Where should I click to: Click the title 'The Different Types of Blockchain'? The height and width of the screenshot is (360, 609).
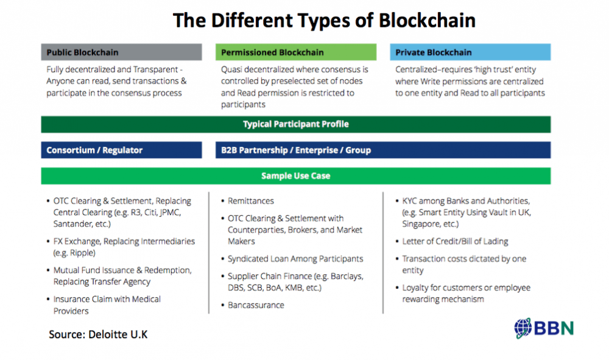tap(324, 21)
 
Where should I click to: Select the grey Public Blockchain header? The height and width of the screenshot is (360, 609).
tap(122, 52)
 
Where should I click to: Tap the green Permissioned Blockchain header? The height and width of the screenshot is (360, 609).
tap(296, 52)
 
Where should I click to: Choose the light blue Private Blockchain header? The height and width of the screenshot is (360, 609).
tap(470, 52)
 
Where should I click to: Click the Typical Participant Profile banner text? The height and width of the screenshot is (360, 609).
tap(296, 124)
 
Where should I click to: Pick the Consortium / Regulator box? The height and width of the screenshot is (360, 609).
tap(122, 150)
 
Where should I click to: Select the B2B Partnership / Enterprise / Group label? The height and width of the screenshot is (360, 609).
tap(296, 150)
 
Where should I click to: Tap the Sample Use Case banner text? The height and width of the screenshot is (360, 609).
tap(296, 176)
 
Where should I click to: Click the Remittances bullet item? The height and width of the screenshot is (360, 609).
tap(250, 201)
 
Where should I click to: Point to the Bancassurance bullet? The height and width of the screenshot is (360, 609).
tap(256, 305)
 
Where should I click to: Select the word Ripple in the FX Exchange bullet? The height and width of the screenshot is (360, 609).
tap(82, 253)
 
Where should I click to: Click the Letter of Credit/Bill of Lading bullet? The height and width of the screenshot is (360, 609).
tap(455, 242)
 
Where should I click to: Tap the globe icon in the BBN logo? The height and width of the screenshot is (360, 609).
tap(523, 328)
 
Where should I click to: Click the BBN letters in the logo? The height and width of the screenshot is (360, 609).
tap(554, 328)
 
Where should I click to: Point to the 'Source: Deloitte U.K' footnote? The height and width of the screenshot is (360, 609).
tap(98, 334)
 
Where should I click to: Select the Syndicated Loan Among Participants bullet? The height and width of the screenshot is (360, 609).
tap(295, 259)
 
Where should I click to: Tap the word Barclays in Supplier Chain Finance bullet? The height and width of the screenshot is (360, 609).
tap(346, 277)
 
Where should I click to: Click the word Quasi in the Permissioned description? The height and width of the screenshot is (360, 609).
tap(231, 69)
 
